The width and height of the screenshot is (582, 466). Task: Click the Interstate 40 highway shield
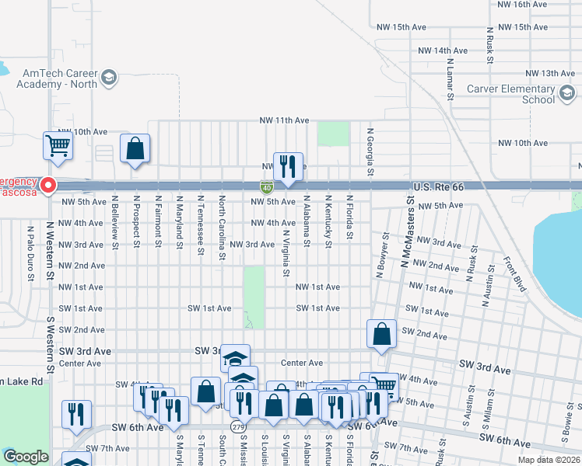point(266,187)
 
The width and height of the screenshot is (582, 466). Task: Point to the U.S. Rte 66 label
point(440,187)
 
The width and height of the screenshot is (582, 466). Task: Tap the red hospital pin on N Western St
point(48,186)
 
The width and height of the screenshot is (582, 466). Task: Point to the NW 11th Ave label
point(285,120)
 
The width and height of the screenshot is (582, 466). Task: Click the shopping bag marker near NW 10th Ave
point(135,149)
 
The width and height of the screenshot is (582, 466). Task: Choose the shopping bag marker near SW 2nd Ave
point(381,335)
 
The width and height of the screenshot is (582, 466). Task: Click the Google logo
point(26,457)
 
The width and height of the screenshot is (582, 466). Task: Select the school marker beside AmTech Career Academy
point(108,78)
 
